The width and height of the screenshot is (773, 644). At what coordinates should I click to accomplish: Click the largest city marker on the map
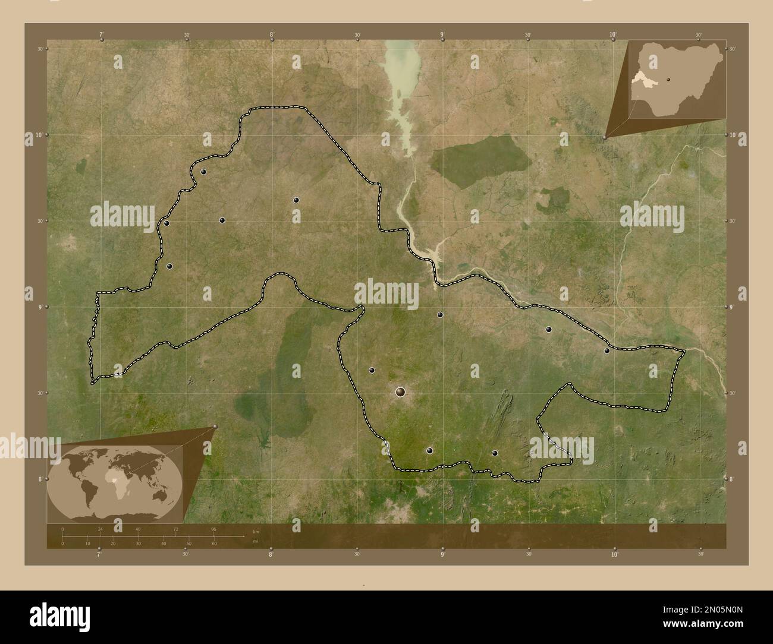pyautogui.click(x=400, y=392)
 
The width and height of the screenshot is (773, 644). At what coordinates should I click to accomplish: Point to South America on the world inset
pyautogui.click(x=89, y=494)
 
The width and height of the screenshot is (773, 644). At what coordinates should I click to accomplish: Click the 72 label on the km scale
pyautogui.click(x=176, y=529)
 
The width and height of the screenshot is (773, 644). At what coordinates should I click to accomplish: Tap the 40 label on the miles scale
pyautogui.click(x=164, y=544)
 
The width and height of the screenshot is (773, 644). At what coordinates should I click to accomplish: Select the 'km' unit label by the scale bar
pyautogui.click(x=256, y=531)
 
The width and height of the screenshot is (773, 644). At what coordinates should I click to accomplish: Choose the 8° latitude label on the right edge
pyautogui.click(x=733, y=479)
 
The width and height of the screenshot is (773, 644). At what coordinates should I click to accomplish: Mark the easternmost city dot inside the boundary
pyautogui.click(x=607, y=351)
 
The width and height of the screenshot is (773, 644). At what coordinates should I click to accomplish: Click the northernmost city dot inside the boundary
pyautogui.click(x=203, y=172)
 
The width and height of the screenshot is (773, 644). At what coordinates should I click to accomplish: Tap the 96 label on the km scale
pyautogui.click(x=213, y=529)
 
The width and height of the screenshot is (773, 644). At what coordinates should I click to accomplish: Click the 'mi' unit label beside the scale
pyautogui.click(x=255, y=541)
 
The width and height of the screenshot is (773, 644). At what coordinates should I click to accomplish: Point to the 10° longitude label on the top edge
pyautogui.click(x=613, y=34)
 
